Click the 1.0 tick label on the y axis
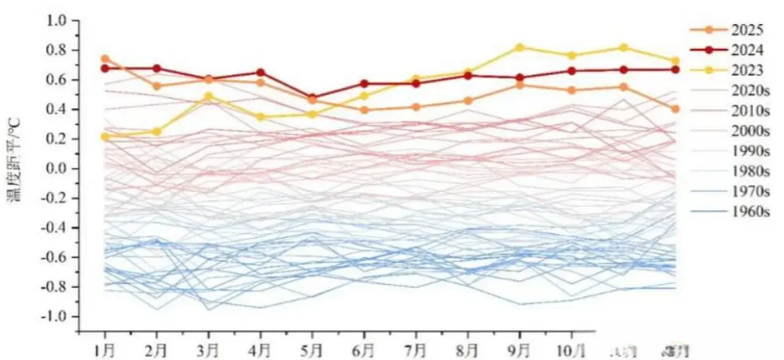click(x=57, y=20)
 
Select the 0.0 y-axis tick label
click(x=57, y=169)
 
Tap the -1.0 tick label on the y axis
click(x=54, y=316)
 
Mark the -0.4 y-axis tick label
click(x=54, y=227)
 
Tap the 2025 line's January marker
click(x=105, y=59)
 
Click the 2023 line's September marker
click(x=520, y=47)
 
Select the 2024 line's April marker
click(x=261, y=73)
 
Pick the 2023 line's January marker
click(x=105, y=137)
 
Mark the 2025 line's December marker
click(x=676, y=109)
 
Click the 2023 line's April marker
click(x=261, y=117)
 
